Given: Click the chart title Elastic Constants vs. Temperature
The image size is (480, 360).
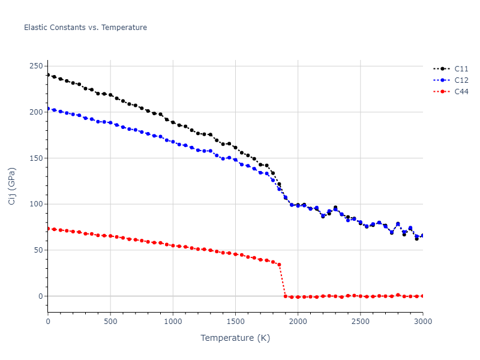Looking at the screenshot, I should pos(85,28).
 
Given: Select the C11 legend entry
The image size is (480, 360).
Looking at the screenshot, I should pos(461,69).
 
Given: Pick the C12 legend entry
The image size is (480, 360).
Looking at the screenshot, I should pos(461,80).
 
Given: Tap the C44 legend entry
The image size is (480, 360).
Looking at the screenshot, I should pos(461,92).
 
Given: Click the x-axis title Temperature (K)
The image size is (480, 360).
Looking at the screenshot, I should pos(235,338).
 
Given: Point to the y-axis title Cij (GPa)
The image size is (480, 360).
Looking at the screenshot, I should pos(13,186).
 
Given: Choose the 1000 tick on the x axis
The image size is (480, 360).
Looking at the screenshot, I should pos(173,322).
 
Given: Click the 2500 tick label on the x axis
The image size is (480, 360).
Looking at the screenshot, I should pos(360,322).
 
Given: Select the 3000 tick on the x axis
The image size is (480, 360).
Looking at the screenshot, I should pos(422,322).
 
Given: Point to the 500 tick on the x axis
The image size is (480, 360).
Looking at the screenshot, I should pos(110,322).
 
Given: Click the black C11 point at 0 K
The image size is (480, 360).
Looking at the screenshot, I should pos(48,75).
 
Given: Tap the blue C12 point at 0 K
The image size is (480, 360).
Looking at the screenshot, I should pos(48,109).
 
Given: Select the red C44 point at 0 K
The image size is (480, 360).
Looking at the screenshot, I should pos(48,229).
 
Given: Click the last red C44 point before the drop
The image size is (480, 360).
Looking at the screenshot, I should pos(279,265).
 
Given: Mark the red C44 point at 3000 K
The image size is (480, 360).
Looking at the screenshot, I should pos(422,296).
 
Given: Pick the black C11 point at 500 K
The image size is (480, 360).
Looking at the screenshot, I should pos(110,95).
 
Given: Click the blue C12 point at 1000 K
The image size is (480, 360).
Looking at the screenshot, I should pos(173,142).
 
